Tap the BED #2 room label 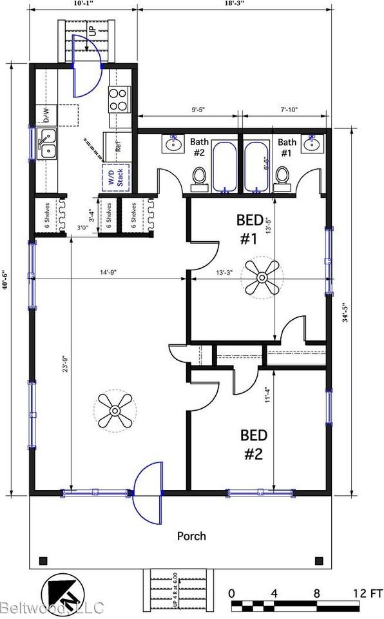[253, 444]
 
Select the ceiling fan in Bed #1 [262, 278]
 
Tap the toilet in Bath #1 [281, 176]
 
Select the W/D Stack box [116, 177]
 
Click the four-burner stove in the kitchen [119, 101]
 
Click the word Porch [192, 536]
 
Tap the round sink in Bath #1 [314, 143]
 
